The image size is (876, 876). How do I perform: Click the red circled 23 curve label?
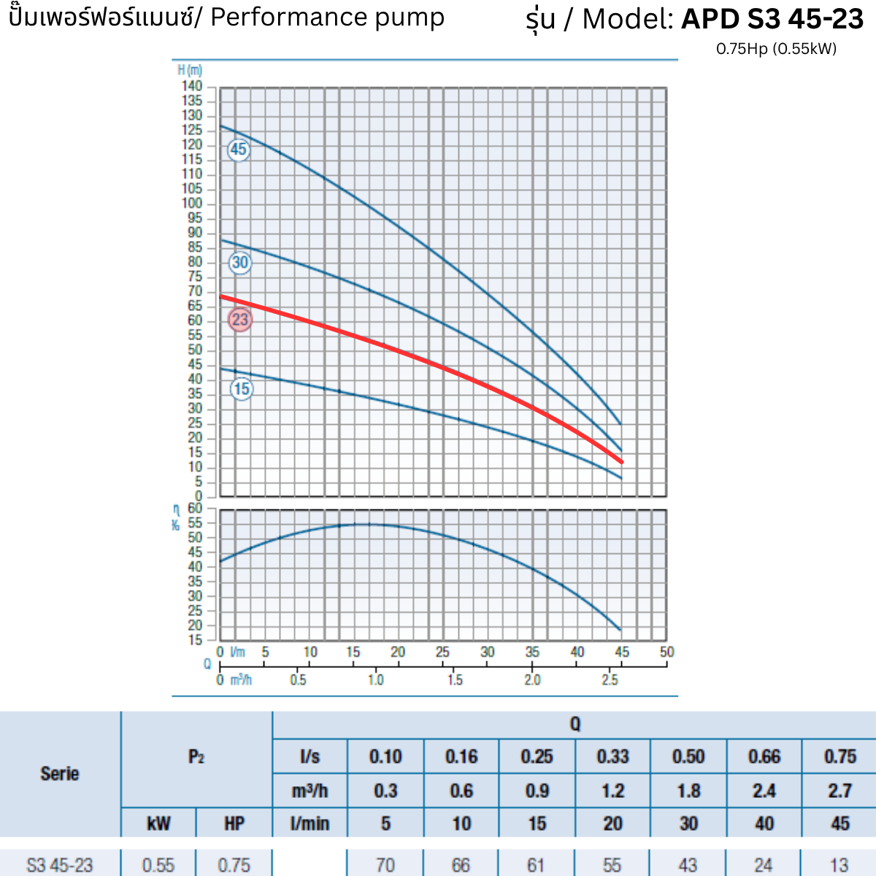pos(240,320)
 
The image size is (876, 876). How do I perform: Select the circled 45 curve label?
pos(239,150)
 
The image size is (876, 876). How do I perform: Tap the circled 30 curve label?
pos(240,263)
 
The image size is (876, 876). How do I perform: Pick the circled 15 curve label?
pos(242,389)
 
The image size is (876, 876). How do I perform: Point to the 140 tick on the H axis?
pos(192,86)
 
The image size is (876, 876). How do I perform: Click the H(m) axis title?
pos(190,70)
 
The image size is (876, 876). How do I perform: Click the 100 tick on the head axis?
pos(192,204)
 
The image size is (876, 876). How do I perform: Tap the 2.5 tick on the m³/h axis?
pos(610,680)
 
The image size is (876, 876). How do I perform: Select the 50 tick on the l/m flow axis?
pos(666,652)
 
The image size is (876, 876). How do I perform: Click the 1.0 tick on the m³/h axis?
pos(375,680)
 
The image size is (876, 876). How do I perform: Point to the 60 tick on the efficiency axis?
pos(195,508)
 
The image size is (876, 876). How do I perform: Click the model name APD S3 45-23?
pos(772,19)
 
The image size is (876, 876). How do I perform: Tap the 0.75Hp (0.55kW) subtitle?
pos(776,49)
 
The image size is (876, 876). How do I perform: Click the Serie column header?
pos(60,774)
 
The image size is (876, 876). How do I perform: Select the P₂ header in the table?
pos(196,757)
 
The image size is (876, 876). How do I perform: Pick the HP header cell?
pos(234,824)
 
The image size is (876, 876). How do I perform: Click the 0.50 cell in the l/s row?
pos(688,757)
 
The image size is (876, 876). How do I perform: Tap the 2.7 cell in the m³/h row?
pos(839,791)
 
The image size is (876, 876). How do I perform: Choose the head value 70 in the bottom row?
pos(385,865)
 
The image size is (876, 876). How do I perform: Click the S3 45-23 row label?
pos(60,865)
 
